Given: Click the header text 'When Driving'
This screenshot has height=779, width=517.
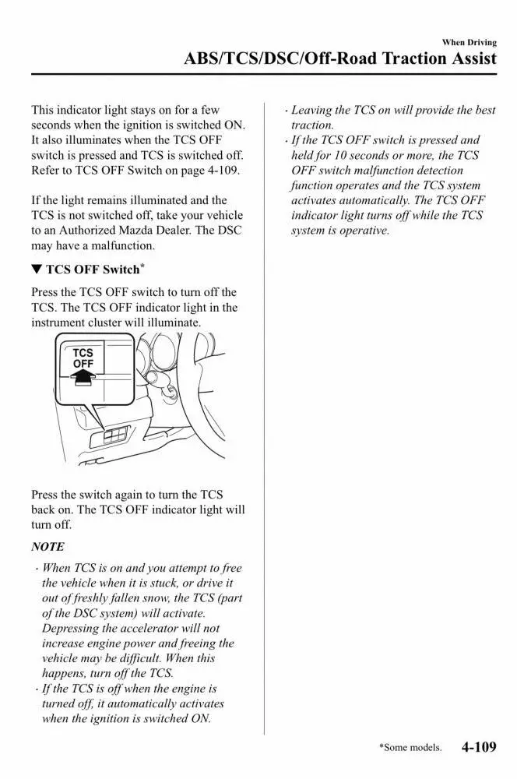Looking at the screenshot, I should pyautogui.click(x=469, y=42).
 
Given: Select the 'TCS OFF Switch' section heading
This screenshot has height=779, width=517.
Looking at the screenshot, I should pyautogui.click(x=93, y=270).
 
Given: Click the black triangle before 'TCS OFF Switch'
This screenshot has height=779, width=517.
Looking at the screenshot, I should pyautogui.click(x=37, y=270).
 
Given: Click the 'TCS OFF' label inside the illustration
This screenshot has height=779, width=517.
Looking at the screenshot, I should pyautogui.click(x=83, y=358).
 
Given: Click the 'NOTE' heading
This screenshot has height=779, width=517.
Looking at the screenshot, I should pyautogui.click(x=47, y=547).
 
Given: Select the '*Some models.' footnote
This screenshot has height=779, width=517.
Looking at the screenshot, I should pyautogui.click(x=410, y=748).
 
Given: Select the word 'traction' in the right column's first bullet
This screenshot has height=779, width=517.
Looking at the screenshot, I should pyautogui.click(x=312, y=125).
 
